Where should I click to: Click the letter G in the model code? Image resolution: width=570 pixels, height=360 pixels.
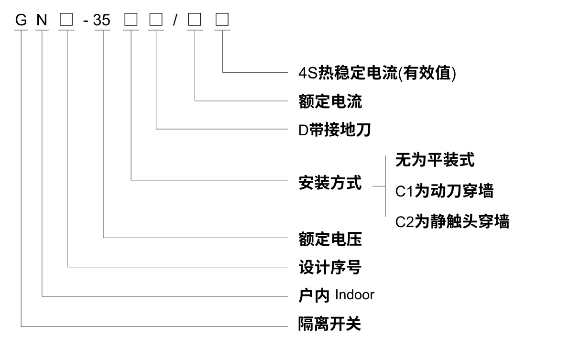coord(21,20)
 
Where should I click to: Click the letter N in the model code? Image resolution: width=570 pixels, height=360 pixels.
coord(42,20)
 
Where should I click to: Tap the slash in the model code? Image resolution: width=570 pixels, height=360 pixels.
coord(175,20)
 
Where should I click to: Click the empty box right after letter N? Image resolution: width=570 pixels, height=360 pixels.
coord(66,20)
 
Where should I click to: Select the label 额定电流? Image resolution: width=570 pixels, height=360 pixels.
coord(330,101)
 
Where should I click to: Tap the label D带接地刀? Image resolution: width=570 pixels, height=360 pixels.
coord(335,130)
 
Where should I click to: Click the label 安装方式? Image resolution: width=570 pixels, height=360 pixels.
coord(330,183)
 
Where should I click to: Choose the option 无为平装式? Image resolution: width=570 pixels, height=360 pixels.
coord(435,160)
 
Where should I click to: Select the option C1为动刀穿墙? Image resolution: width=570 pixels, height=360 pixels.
coord(444,191)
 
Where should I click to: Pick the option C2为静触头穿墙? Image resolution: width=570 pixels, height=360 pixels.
coord(452,221)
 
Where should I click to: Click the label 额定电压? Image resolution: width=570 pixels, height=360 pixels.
coord(330,239)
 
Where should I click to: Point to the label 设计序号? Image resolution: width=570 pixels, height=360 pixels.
coord(330,267)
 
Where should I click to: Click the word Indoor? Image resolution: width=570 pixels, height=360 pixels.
coord(354,295)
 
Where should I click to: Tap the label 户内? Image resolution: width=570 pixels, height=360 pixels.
coord(314,296)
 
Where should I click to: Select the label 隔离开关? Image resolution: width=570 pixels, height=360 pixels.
coord(330,325)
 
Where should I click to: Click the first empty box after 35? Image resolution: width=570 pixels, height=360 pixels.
coord(131,20)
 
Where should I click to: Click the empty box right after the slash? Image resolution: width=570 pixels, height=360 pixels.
coord(194,20)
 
